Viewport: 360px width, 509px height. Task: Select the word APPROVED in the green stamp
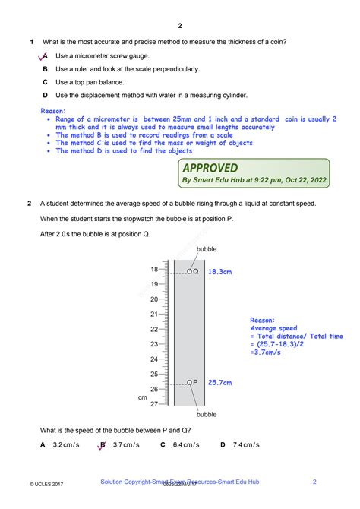pyautogui.click(x=210, y=168)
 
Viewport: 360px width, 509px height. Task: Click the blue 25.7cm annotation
pyautogui.click(x=219, y=383)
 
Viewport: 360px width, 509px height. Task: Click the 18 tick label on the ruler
pyautogui.click(x=154, y=270)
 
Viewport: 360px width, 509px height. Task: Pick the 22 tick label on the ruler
pyautogui.click(x=154, y=329)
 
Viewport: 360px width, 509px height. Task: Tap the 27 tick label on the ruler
pyautogui.click(x=154, y=403)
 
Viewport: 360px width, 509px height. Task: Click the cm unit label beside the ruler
pyautogui.click(x=142, y=397)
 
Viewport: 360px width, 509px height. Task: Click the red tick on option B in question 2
pyautogui.click(x=101, y=447)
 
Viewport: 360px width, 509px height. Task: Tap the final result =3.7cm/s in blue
pyautogui.click(x=267, y=352)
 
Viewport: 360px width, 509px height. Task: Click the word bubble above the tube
pyautogui.click(x=207, y=249)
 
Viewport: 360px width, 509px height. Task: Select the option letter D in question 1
pyautogui.click(x=46, y=95)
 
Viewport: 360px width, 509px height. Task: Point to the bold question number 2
pyautogui.click(x=29, y=204)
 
